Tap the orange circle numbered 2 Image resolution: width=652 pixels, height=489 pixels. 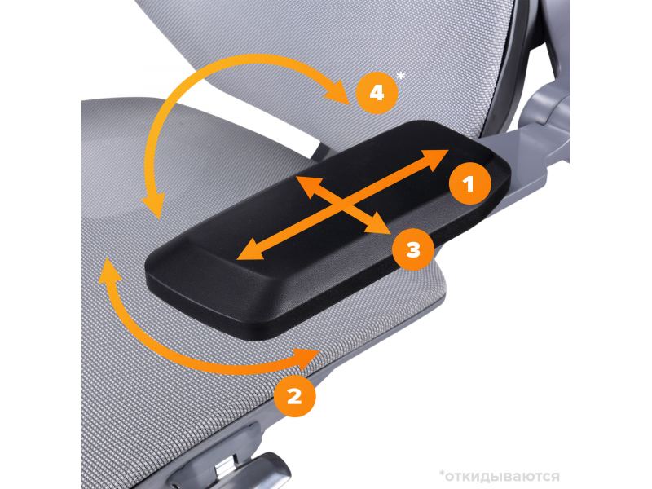point(294,396)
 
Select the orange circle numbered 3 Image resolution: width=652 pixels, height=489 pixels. point(413,249)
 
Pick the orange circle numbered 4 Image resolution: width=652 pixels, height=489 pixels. point(377,93)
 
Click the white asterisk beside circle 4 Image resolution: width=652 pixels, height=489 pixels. point(401,76)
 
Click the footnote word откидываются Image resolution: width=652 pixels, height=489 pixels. point(502,475)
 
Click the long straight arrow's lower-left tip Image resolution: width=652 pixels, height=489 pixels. point(237,259)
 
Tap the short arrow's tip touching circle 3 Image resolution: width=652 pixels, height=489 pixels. point(390,233)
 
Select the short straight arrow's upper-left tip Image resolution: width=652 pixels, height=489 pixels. point(295,177)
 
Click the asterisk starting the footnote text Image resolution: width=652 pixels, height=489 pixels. point(442,474)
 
